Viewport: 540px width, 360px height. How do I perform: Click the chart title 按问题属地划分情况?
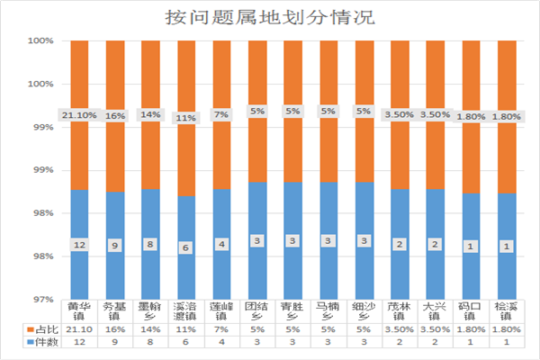pyautogui.click(x=270, y=17)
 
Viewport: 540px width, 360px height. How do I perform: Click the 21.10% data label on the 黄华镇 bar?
pyautogui.click(x=80, y=115)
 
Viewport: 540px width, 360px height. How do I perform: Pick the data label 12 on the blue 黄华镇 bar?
pyautogui.click(x=80, y=245)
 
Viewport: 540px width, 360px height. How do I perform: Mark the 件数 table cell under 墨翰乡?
pyautogui.click(x=149, y=342)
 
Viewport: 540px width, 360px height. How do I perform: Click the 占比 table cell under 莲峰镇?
pyautogui.click(x=220, y=330)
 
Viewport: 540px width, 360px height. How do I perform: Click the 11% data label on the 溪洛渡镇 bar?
pyautogui.click(x=184, y=118)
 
